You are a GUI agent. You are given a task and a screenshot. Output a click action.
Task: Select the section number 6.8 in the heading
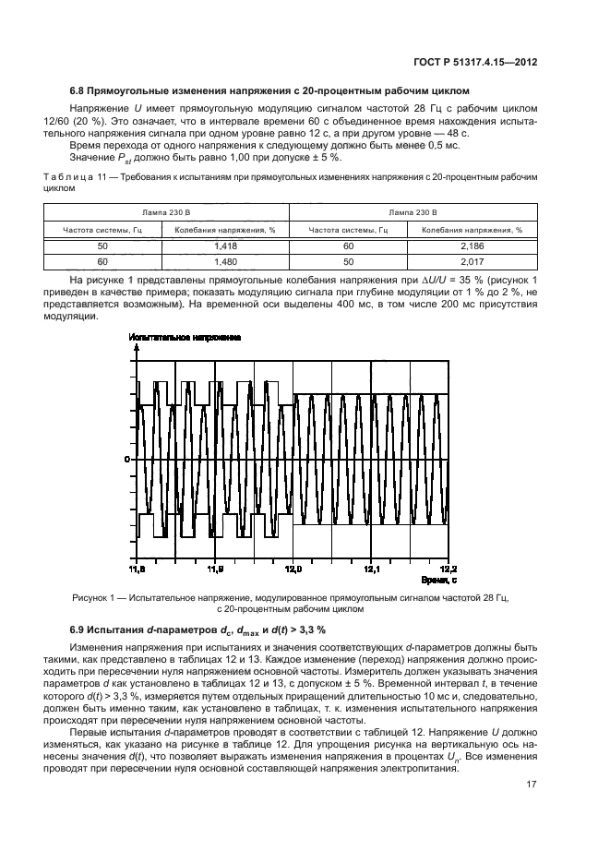click(78, 91)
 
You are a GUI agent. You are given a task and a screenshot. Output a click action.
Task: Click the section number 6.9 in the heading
click(78, 629)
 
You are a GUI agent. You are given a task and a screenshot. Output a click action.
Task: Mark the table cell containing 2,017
click(471, 261)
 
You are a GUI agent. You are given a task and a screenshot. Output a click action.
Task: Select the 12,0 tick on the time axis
click(293, 569)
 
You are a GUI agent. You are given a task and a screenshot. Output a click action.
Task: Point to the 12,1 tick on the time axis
click(370, 569)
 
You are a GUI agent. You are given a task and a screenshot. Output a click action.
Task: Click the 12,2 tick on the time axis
click(448, 569)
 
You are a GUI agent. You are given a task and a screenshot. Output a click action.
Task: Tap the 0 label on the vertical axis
click(128, 458)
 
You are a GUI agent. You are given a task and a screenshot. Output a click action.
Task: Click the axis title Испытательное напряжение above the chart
click(184, 339)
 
